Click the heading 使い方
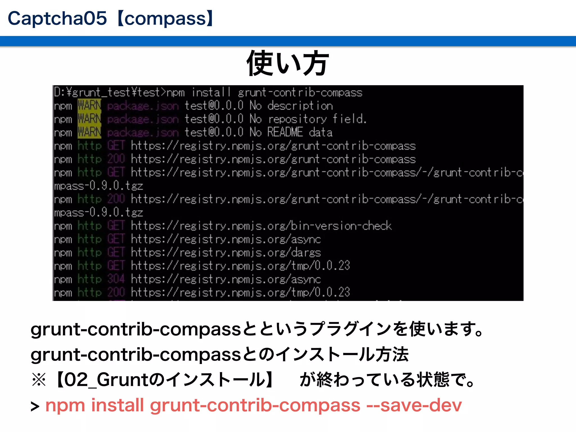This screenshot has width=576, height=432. click(287, 64)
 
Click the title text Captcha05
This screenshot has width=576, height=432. click(57, 19)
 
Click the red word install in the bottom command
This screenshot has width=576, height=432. click(118, 405)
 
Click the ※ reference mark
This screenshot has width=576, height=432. click(39, 380)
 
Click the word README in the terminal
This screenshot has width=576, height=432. click(285, 132)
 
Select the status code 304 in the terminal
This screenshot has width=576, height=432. click(116, 279)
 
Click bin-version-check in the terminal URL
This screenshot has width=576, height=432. click(341, 226)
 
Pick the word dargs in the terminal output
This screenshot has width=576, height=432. click(306, 253)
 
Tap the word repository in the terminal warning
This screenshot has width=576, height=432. click(297, 119)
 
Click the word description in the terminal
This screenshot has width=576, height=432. click(300, 106)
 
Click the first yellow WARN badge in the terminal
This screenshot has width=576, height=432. click(89, 106)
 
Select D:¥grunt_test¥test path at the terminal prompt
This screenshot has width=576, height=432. click(107, 92)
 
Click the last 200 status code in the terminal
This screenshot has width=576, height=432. click(116, 292)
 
